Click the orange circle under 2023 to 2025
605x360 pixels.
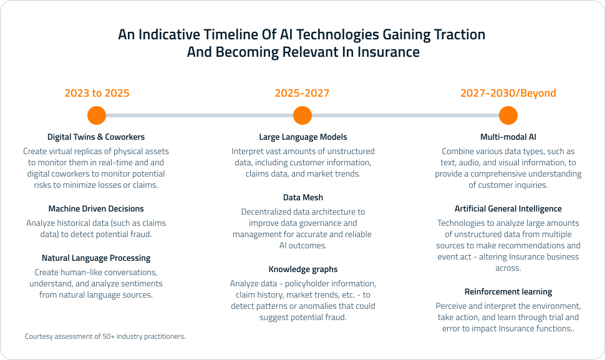coord(97,115)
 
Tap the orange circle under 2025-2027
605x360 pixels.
coord(302,115)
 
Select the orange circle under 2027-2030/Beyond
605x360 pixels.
coord(508,115)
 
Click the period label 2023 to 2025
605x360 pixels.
coord(97,94)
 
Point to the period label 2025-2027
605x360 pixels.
coord(302,94)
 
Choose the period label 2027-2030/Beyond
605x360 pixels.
coord(508,94)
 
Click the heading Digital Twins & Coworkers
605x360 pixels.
coord(96,137)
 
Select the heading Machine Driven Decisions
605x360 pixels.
coord(96,209)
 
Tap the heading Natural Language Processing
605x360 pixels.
coord(96,258)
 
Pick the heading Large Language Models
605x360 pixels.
coord(302,137)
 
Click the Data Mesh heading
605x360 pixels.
coord(302,198)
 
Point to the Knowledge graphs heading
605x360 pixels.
coord(302,270)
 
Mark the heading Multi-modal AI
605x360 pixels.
coord(508,137)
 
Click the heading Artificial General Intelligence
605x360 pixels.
coord(508,209)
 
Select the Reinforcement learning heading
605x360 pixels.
coord(508,292)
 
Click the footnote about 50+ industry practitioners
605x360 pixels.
coord(105,336)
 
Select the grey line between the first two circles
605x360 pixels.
coord(200,115)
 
